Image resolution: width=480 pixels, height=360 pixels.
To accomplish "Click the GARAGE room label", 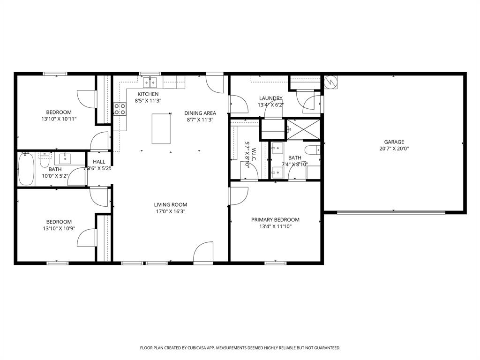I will click(394, 142).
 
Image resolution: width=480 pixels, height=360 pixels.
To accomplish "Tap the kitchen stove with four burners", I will click(120, 109).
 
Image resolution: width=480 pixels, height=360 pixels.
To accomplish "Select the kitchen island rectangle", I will click(161, 128).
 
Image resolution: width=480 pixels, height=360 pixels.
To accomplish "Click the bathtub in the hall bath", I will click(26, 169).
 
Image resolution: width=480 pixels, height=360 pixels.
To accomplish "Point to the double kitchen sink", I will click(150, 82).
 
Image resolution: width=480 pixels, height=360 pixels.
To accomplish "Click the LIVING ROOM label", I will click(171, 205).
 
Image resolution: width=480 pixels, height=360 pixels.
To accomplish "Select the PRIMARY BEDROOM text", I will click(275, 220).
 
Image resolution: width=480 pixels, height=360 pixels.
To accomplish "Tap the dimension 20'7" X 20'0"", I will click(394, 149).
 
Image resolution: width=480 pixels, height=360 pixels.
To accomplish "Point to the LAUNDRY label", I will click(270, 98).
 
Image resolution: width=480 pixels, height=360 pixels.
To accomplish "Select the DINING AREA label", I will click(200, 113).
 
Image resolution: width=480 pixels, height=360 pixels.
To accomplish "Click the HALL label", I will click(99, 162).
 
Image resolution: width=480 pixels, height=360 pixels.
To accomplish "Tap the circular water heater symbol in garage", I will click(330, 82).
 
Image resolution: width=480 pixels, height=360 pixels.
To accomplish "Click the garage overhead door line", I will click(391, 212).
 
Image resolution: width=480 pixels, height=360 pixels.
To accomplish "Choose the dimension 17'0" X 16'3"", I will click(171, 211).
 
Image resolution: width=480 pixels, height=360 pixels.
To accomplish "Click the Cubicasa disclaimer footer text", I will click(240, 348).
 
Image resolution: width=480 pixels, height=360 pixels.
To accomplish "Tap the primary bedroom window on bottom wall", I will click(276, 263).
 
